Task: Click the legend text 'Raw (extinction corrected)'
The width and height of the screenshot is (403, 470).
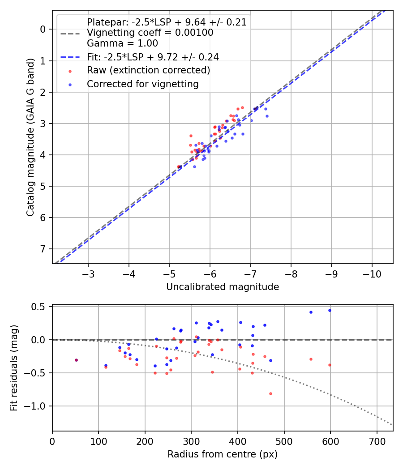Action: click(x=148, y=70)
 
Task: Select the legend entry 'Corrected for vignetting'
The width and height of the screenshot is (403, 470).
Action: click(x=142, y=84)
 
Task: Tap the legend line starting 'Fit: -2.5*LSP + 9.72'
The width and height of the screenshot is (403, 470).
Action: click(x=153, y=57)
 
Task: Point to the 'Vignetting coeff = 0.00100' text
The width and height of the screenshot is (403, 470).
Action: click(x=150, y=33)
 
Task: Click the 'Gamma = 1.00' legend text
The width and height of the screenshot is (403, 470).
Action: click(x=122, y=43)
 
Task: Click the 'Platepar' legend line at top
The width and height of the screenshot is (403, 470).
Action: click(x=167, y=22)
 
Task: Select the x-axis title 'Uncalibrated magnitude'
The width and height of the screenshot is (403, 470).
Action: click(x=223, y=287)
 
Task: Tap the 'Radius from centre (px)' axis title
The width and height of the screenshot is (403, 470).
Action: click(x=223, y=454)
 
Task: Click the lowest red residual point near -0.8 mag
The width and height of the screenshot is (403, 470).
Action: click(x=271, y=393)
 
